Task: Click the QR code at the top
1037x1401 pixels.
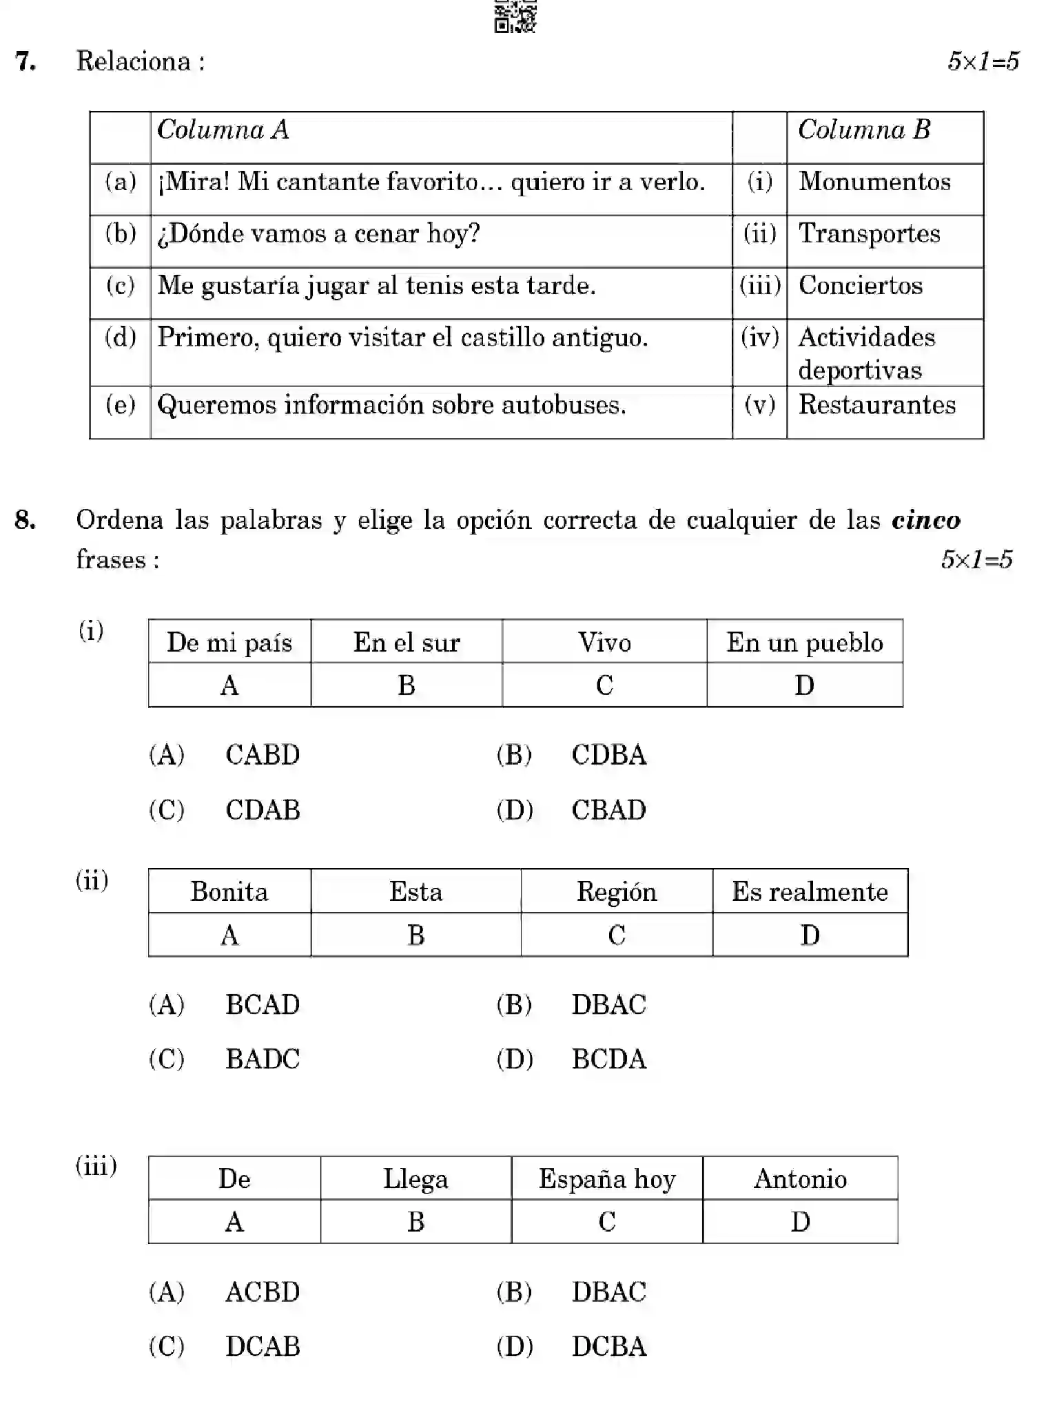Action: pyautogui.click(x=515, y=16)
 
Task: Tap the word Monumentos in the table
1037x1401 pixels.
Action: pyautogui.click(x=874, y=182)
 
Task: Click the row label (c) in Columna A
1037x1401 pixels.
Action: pyautogui.click(x=120, y=286)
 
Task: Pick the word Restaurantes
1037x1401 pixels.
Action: pyautogui.click(x=876, y=405)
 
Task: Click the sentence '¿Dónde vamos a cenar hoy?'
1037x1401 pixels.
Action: pyautogui.click(x=318, y=234)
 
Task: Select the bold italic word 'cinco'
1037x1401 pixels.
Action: pyautogui.click(x=925, y=520)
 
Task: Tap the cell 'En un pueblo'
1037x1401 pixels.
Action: pyautogui.click(x=804, y=643)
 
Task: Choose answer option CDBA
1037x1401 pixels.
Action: pyautogui.click(x=608, y=756)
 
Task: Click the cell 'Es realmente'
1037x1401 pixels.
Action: pyautogui.click(x=810, y=892)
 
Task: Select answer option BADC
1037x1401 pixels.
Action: pyautogui.click(x=263, y=1059)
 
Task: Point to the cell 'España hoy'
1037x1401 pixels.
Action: pyautogui.click(x=606, y=1179)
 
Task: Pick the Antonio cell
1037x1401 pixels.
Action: pyautogui.click(x=799, y=1179)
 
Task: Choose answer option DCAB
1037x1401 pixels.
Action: pyautogui.click(x=263, y=1347)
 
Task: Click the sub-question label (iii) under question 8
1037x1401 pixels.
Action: pyautogui.click(x=96, y=1165)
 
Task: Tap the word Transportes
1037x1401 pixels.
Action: pyautogui.click(x=869, y=234)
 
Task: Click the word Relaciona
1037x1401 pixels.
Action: pyautogui.click(x=133, y=61)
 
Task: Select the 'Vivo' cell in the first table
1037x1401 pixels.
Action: pyautogui.click(x=604, y=643)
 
